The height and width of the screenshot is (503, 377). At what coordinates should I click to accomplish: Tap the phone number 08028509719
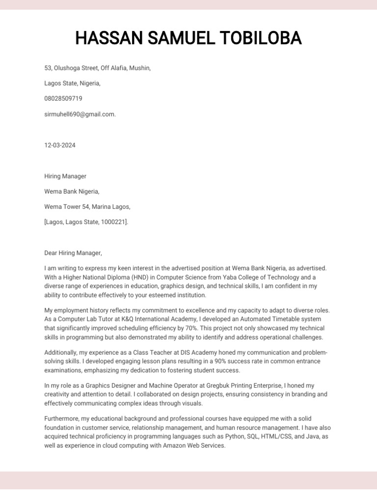point(63,99)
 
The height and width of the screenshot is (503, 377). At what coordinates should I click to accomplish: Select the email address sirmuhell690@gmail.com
point(80,114)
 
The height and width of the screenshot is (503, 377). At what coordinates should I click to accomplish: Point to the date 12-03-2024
point(60,145)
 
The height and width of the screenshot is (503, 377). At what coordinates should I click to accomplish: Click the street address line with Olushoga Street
point(97,68)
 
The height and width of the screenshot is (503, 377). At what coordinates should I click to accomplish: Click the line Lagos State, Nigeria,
point(72,84)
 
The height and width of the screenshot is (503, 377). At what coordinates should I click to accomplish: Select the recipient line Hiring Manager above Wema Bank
point(65,176)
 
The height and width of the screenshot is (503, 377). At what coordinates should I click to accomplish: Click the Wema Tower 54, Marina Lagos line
point(87,207)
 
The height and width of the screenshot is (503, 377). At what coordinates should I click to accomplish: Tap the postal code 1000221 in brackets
point(113,222)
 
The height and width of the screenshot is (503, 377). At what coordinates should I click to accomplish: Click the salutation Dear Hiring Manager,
point(73,253)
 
